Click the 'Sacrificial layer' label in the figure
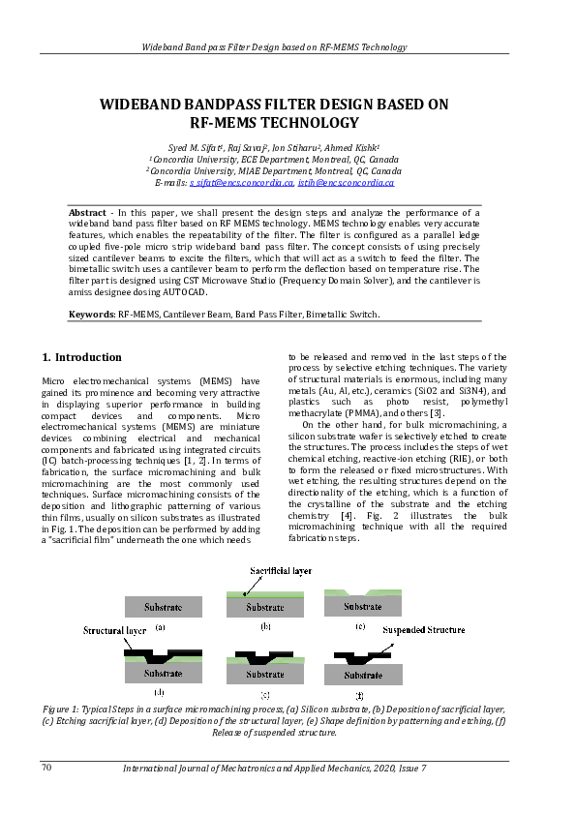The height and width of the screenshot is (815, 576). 282,572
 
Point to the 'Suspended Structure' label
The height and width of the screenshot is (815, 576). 423,630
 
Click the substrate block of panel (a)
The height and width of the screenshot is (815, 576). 164,607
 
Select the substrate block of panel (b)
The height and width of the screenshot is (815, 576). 264,608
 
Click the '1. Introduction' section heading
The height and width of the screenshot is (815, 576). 83,357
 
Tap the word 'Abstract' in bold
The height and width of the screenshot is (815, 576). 87,212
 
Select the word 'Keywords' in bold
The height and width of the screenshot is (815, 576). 91,315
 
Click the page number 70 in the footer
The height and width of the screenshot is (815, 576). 45,768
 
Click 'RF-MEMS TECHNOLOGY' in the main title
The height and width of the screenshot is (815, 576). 274,123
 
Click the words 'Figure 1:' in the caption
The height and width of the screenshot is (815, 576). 63,709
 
